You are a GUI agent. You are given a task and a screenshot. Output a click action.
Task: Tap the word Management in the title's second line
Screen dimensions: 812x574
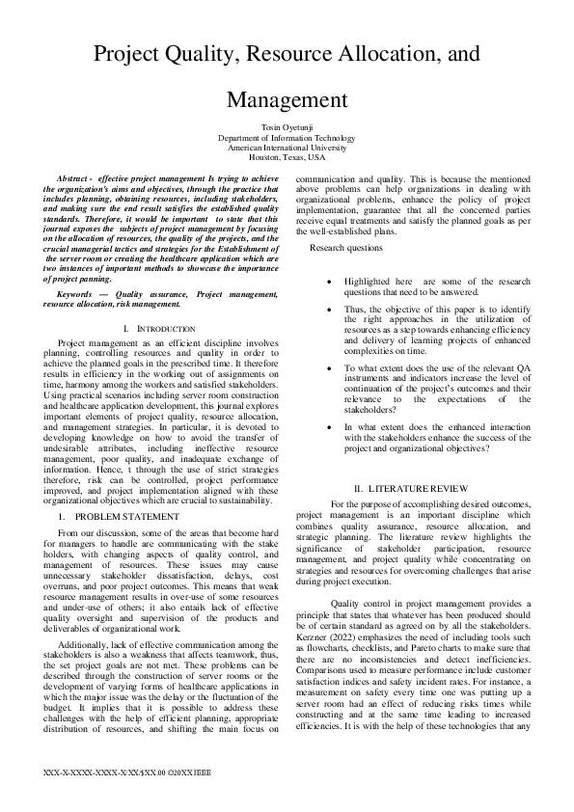[x=287, y=99]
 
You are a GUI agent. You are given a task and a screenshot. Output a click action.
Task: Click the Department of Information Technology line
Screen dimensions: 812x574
[x=287, y=138]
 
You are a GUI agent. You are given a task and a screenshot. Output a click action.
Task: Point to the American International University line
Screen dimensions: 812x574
[x=287, y=148]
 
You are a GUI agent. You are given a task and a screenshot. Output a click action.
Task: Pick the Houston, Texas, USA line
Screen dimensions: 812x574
[x=287, y=157]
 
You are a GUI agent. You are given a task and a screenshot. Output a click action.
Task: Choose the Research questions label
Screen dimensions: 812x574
[x=345, y=248]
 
